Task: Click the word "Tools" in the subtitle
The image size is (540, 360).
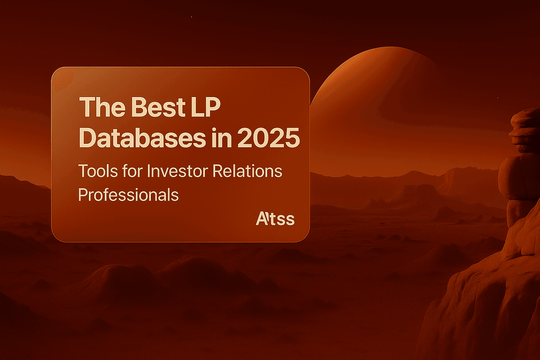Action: tap(97, 171)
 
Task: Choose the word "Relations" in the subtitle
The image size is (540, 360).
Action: tap(247, 171)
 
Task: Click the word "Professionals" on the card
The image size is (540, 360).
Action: tap(128, 195)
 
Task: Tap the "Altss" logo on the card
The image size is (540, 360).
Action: tap(275, 219)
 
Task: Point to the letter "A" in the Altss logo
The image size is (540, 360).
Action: tap(262, 219)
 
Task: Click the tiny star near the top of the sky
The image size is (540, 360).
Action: tap(191, 17)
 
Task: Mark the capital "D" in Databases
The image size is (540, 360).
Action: tap(88, 138)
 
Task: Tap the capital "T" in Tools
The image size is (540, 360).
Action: tap(84, 171)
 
